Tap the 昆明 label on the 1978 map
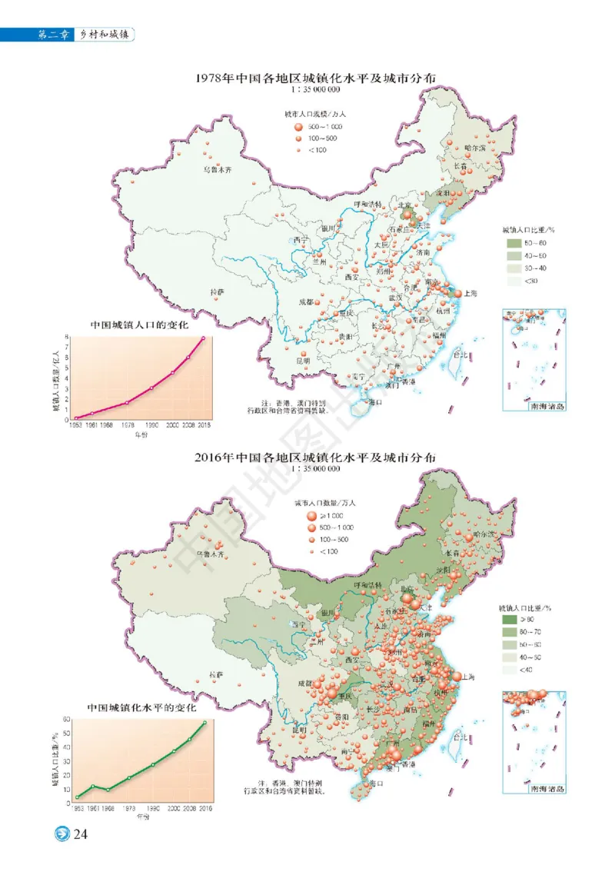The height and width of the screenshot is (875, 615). pos(303,360)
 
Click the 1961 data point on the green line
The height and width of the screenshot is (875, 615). pos(92,786)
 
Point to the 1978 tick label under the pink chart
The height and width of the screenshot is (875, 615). pos(128,424)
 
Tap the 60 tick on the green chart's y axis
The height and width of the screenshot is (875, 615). pos(66,720)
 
